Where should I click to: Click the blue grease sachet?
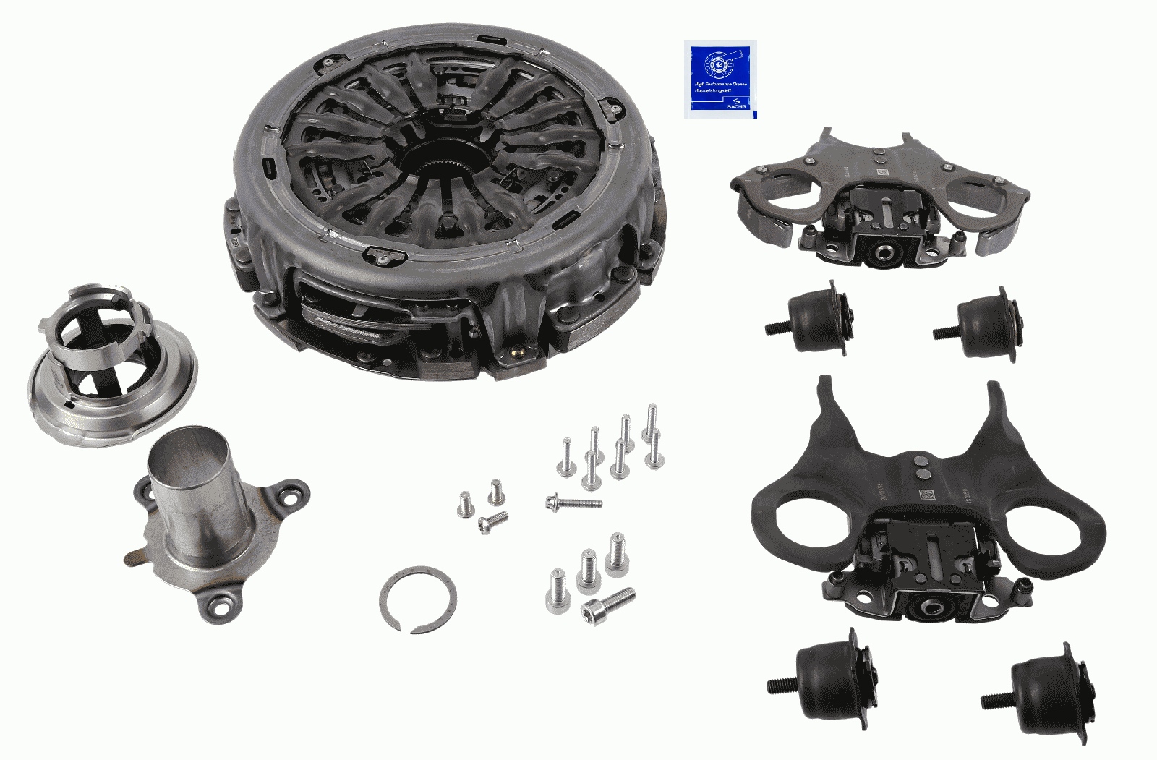click(720, 80)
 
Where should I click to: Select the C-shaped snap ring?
click(418, 599)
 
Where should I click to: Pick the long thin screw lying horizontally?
click(574, 501)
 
